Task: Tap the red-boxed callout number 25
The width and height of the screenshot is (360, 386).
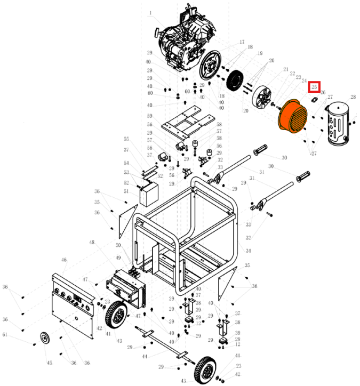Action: coord(314,86)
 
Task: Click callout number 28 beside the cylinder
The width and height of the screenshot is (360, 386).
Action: coord(353,97)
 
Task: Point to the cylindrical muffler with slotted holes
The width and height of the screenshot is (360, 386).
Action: coord(337,124)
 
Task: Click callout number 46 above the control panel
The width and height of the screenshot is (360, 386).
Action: coord(64,260)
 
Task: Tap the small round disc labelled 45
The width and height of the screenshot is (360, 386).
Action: coord(45,339)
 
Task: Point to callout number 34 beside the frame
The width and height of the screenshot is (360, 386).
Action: coord(248,251)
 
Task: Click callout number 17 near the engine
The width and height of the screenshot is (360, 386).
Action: coord(242,42)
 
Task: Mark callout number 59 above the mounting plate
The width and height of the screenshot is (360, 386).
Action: coord(150,116)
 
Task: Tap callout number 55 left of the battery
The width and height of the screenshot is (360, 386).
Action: coord(127,139)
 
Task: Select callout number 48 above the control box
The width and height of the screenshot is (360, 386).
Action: coord(92,243)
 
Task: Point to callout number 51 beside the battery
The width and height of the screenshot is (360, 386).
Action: coord(127,191)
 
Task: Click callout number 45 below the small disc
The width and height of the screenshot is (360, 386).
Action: coord(50,363)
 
